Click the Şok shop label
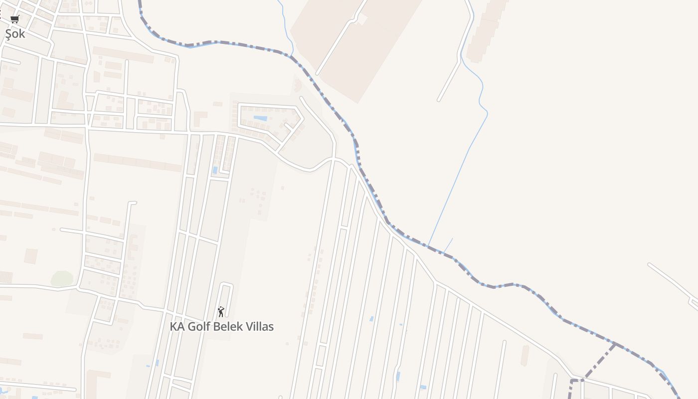(x=15, y=34)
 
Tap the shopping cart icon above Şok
(x=14, y=19)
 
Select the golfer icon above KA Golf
(x=221, y=312)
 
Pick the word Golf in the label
(x=198, y=327)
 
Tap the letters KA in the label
(x=176, y=327)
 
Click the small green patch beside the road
(x=62, y=278)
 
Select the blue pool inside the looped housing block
(x=260, y=118)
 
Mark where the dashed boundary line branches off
(x=615, y=344)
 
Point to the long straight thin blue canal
(x=456, y=180)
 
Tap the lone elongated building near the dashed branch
(x=524, y=355)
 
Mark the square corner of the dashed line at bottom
(x=571, y=381)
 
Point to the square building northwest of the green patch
(x=31, y=255)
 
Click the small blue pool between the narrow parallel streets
(x=215, y=170)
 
